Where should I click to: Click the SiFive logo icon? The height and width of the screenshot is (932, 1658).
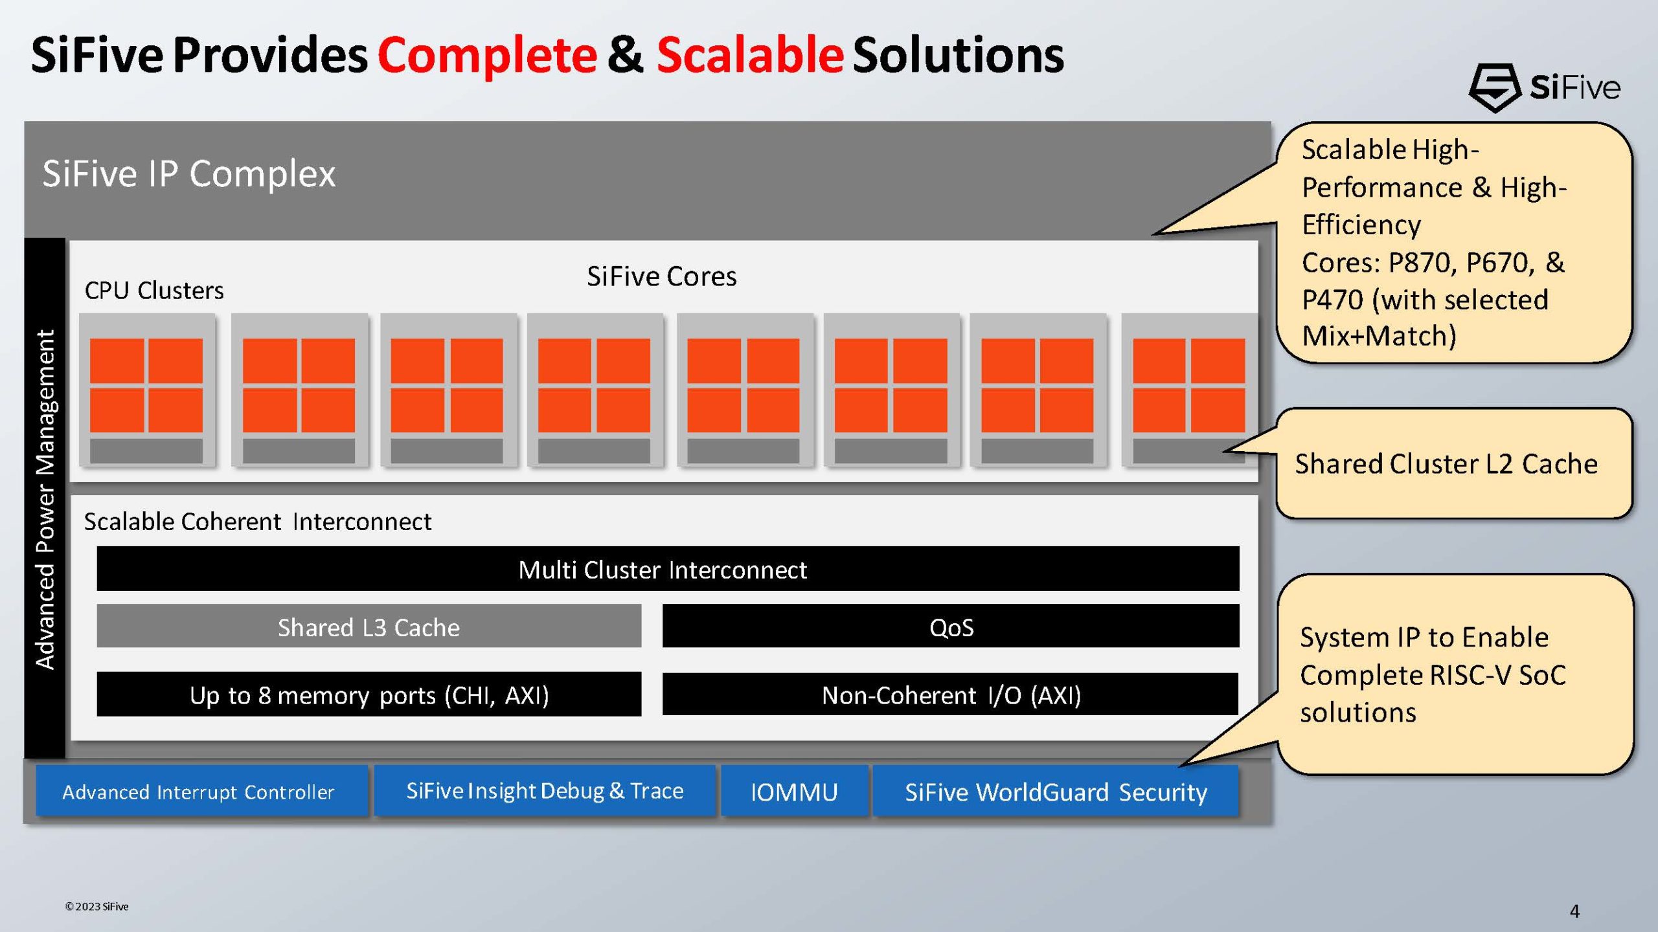[x=1493, y=87]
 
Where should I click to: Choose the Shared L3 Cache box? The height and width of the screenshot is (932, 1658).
[x=369, y=627]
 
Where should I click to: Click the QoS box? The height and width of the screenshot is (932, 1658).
[x=950, y=627]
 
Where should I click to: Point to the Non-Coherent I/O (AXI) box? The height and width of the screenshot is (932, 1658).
[x=950, y=694]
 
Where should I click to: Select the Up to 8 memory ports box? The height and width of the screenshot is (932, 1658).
[x=369, y=694]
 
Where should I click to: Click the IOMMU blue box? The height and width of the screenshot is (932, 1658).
[x=794, y=792]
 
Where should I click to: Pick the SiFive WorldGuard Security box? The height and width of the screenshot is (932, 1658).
[x=1055, y=792]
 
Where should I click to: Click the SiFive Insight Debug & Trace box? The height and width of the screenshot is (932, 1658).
[x=545, y=790]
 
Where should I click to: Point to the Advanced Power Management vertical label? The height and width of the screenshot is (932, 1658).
[x=45, y=498]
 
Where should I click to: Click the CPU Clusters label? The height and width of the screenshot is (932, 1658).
[x=154, y=291]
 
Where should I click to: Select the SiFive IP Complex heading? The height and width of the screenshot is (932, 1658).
[x=188, y=173]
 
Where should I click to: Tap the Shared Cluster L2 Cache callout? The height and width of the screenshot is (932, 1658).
[x=1446, y=463]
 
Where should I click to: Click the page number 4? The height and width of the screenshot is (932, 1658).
[x=1574, y=911]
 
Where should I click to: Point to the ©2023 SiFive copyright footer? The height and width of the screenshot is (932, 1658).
[x=97, y=906]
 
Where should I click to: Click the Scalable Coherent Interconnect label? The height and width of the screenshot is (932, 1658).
[x=257, y=522]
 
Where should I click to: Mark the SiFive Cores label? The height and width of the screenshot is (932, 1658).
[x=661, y=276]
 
